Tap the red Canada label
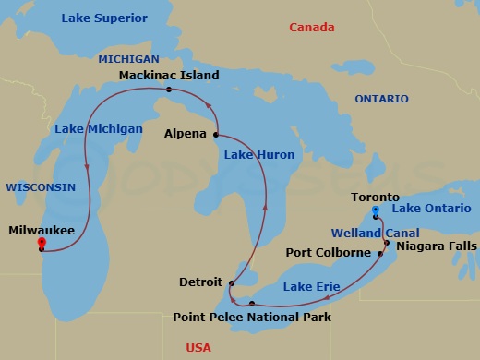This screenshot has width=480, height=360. point(312,28)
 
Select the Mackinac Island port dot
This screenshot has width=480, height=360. point(168,90)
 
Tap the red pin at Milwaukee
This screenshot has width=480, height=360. point(41,244)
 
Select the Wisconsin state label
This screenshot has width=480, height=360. point(41,186)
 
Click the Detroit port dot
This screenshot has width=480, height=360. point(232,283)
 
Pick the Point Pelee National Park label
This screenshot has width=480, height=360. point(252,318)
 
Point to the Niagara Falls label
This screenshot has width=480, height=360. point(437,246)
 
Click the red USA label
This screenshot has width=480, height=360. point(198,348)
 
